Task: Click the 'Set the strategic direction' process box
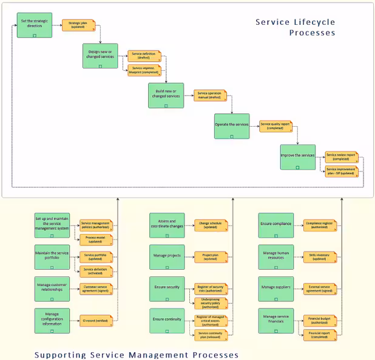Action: click(x=34, y=25)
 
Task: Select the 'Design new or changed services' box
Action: click(x=100, y=56)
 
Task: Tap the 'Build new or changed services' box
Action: click(x=166, y=95)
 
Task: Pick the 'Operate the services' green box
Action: click(x=232, y=127)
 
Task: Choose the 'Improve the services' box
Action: click(x=297, y=158)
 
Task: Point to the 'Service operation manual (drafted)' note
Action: click(x=210, y=95)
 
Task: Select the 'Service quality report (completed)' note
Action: click(x=275, y=127)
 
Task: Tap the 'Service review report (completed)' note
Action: click(x=341, y=157)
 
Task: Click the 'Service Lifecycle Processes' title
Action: click(x=295, y=28)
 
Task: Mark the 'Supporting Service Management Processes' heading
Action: click(x=137, y=355)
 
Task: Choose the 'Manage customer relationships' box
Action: click(x=52, y=288)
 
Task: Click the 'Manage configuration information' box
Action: click(x=52, y=320)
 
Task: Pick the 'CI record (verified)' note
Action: click(x=95, y=320)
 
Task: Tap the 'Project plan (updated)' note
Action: click(x=211, y=257)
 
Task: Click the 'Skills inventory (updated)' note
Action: click(x=320, y=257)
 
